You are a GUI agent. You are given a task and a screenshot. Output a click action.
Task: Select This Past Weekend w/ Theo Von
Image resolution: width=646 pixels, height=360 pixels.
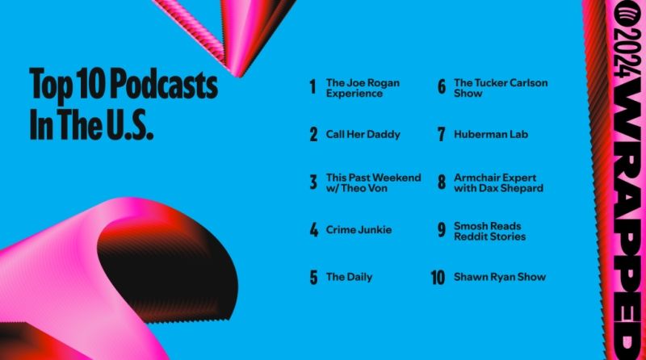[x=373, y=182]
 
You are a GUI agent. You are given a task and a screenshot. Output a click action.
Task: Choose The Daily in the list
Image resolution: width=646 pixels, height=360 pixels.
[x=349, y=277]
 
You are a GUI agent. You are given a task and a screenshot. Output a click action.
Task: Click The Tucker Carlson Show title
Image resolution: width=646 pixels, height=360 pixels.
[x=489, y=87]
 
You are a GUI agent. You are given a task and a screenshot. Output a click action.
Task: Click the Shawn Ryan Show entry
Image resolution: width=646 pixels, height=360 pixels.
[x=499, y=277]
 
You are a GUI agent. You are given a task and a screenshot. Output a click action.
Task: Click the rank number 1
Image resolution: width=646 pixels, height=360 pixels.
[x=313, y=87]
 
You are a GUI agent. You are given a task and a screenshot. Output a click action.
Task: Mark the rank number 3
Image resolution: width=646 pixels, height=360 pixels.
[x=313, y=182]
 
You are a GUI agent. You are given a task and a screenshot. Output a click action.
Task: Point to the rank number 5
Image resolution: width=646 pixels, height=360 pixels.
[x=313, y=278]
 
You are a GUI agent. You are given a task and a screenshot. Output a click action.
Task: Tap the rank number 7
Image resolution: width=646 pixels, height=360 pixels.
[x=441, y=135]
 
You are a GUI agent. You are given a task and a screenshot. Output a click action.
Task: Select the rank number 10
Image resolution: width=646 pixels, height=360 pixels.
[x=438, y=278]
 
